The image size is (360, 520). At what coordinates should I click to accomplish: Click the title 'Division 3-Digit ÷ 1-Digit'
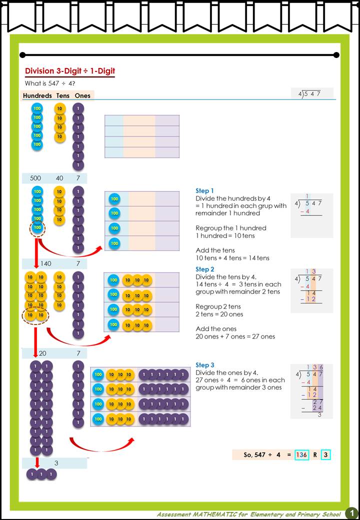pyautogui.click(x=70, y=71)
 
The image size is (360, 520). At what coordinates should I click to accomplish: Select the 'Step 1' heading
pyautogui.click(x=204, y=191)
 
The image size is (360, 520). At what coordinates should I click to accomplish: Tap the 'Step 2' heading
pyautogui.click(x=204, y=269)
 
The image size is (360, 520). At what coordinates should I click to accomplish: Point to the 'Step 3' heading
pyautogui.click(x=204, y=365)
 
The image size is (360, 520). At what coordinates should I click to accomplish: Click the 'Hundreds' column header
pyautogui.click(x=37, y=95)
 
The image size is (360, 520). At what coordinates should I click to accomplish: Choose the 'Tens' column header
pyautogui.click(x=63, y=95)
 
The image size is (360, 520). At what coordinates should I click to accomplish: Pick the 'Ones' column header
pyautogui.click(x=82, y=95)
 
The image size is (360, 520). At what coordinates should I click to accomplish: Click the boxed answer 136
pyautogui.click(x=301, y=455)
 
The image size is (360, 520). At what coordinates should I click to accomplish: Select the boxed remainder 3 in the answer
pyautogui.click(x=325, y=455)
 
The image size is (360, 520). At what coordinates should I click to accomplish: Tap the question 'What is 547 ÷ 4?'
pyautogui.click(x=49, y=83)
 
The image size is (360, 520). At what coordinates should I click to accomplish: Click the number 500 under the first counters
pyautogui.click(x=35, y=178)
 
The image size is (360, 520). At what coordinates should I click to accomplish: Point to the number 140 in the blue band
pyautogui.click(x=45, y=263)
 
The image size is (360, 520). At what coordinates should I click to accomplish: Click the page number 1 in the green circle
pyautogui.click(x=351, y=513)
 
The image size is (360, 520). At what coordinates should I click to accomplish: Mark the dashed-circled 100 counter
pyautogui.click(x=37, y=227)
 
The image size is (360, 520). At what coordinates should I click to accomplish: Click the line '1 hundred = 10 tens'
pyautogui.click(x=225, y=235)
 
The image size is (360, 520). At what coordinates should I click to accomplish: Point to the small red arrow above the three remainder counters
pyautogui.click(x=36, y=462)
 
